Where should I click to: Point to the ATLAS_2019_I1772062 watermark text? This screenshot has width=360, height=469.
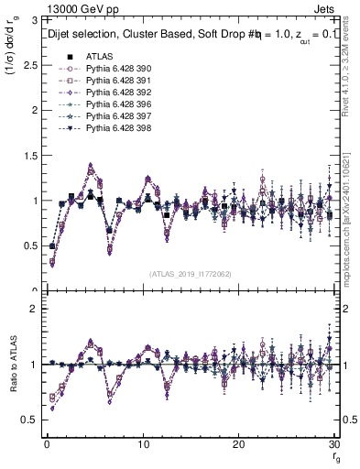pos(190,274)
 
